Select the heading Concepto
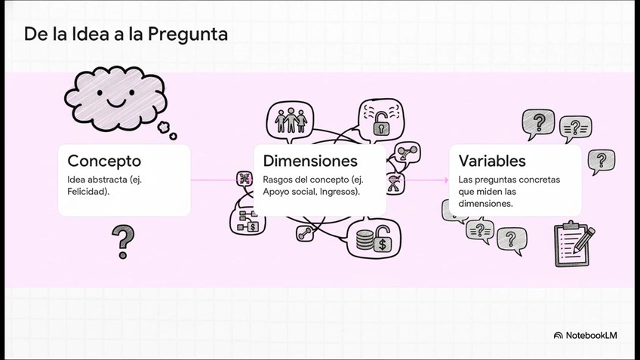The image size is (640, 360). click(104, 161)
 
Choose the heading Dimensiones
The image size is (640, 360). click(310, 161)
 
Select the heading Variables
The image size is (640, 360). click(492, 161)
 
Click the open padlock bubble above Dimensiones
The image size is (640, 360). click(381, 118)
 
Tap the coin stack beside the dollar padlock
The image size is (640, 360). click(365, 240)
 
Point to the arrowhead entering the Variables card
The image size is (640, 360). click(445, 180)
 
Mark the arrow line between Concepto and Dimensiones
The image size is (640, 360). click(215, 180)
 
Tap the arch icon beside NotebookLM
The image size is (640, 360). click(558, 335)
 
